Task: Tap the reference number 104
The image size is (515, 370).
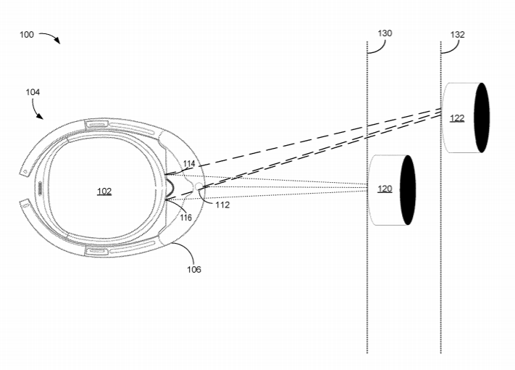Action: pos(32,92)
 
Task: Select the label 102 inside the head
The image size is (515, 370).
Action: pos(104,192)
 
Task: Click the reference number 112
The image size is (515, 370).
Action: pos(222,205)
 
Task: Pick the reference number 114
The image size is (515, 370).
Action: pos(189,164)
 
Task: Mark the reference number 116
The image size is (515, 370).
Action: pos(186,218)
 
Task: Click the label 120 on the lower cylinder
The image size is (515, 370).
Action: pos(385,189)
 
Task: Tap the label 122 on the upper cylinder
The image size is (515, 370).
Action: pos(457,118)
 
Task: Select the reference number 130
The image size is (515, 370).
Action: pos(385,33)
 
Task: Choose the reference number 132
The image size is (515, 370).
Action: pos(457,34)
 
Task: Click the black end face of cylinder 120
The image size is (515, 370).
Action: pos(408,189)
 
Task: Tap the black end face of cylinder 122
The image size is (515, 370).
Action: pos(481,118)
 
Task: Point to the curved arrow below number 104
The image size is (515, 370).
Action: pos(35,110)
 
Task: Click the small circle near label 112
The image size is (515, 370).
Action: pos(200,187)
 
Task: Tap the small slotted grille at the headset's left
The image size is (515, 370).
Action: pos(40,187)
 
